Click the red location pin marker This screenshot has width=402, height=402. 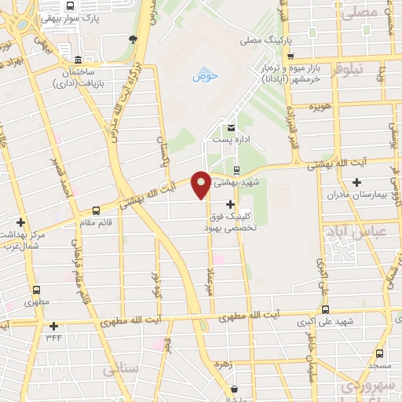201,184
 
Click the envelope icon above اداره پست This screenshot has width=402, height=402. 230,128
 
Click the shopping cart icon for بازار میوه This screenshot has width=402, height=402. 291,57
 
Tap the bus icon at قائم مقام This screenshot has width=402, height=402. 96,210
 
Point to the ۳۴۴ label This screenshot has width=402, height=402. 53,338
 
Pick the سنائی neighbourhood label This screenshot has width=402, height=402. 122,367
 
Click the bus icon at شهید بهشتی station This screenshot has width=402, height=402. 236,170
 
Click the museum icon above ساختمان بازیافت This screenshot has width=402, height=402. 78,61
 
